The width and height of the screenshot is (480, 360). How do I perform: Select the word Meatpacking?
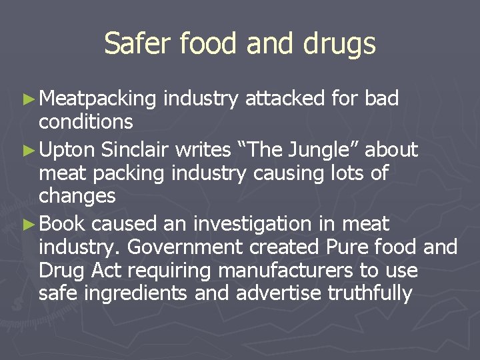click(x=97, y=99)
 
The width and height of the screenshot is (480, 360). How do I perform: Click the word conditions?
click(x=86, y=122)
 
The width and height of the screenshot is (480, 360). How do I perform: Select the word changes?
click(x=77, y=197)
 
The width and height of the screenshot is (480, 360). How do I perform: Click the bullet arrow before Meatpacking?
click(x=32, y=99)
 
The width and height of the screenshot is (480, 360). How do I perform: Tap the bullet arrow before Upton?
click(x=32, y=150)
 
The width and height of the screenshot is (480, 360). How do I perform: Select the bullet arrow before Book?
click(x=32, y=223)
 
